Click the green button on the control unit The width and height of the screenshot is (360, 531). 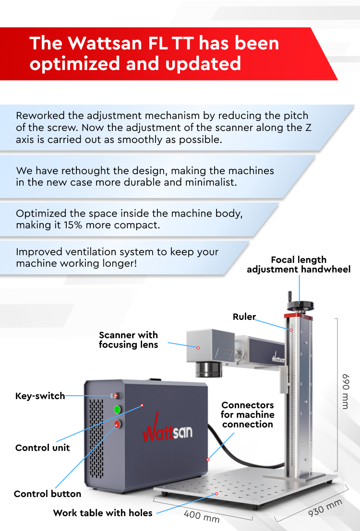point(117,410)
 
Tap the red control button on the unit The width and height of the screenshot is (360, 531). point(117,424)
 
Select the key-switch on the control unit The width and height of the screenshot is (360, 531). point(116,395)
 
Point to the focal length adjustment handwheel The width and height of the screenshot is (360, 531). point(300,305)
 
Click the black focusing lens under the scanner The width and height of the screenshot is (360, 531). point(209,369)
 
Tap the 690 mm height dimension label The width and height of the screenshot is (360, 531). point(345,391)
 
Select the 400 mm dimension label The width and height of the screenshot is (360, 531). point(201,517)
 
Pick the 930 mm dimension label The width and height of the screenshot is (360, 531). point(325,508)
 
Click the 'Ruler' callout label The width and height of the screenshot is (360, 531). point(244,317)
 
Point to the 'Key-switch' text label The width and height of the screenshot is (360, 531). point(40,396)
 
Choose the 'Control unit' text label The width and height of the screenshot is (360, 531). point(42,448)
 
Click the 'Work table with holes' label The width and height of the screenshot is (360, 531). point(103,513)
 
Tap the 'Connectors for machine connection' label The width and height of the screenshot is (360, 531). point(248,414)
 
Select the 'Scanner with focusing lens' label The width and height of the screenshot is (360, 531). point(129,340)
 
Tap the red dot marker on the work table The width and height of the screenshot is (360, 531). point(216,494)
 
